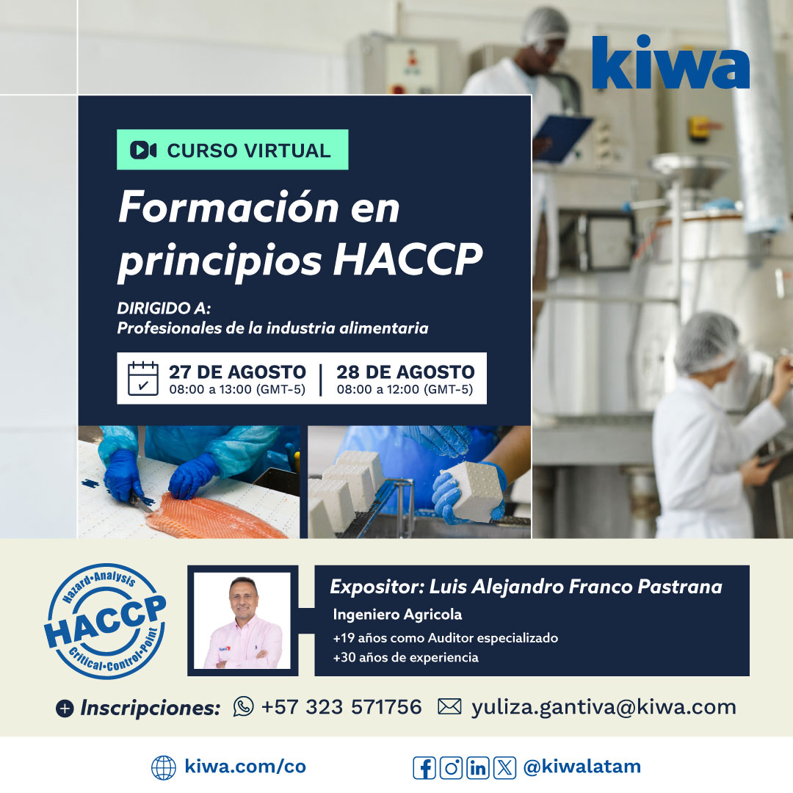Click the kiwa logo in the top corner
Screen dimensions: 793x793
[670, 62]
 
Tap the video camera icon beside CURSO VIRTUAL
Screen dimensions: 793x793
[143, 151]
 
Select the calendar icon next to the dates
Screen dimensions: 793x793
[143, 378]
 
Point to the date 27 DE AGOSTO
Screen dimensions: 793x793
[237, 372]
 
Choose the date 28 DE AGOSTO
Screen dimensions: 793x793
[405, 372]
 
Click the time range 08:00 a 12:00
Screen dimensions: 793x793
[405, 390]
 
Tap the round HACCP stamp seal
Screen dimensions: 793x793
[105, 620]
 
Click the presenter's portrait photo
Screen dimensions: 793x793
[242, 620]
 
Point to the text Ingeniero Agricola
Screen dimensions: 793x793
[397, 614]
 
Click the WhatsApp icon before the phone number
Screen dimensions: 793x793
[243, 706]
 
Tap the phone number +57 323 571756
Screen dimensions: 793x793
[341, 707]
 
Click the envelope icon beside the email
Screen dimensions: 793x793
[449, 706]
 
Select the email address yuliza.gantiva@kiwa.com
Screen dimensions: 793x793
[604, 707]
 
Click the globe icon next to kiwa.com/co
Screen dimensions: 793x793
[163, 767]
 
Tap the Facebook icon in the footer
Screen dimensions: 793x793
[424, 767]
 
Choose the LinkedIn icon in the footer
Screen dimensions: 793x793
[478, 767]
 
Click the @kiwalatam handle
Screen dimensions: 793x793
[582, 767]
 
